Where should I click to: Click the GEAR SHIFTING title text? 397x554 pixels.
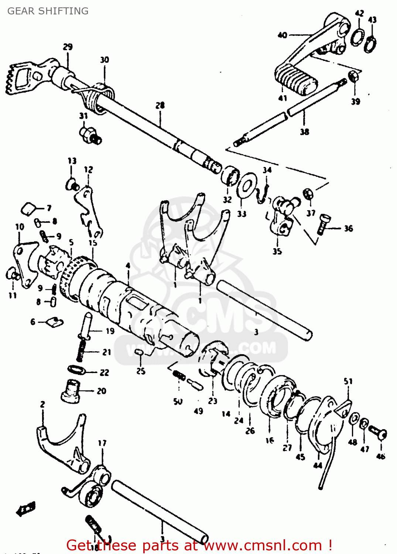tap(48, 11)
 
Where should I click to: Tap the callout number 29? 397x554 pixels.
tap(68, 47)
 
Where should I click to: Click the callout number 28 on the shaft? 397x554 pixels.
tap(160, 106)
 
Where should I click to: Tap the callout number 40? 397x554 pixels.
tap(282, 35)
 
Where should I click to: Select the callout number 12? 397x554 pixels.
tap(88, 170)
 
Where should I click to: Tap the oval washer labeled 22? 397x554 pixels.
tap(76, 369)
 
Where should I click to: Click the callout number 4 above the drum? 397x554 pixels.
tap(128, 266)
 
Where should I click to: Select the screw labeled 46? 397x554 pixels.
tap(377, 433)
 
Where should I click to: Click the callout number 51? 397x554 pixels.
tap(348, 381)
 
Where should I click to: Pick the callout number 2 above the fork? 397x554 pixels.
tap(42, 404)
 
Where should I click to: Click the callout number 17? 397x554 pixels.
tap(102, 443)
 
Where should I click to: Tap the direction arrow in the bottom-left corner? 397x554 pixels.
tap(26, 509)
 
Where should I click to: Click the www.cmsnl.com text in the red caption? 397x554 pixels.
tap(263, 545)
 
